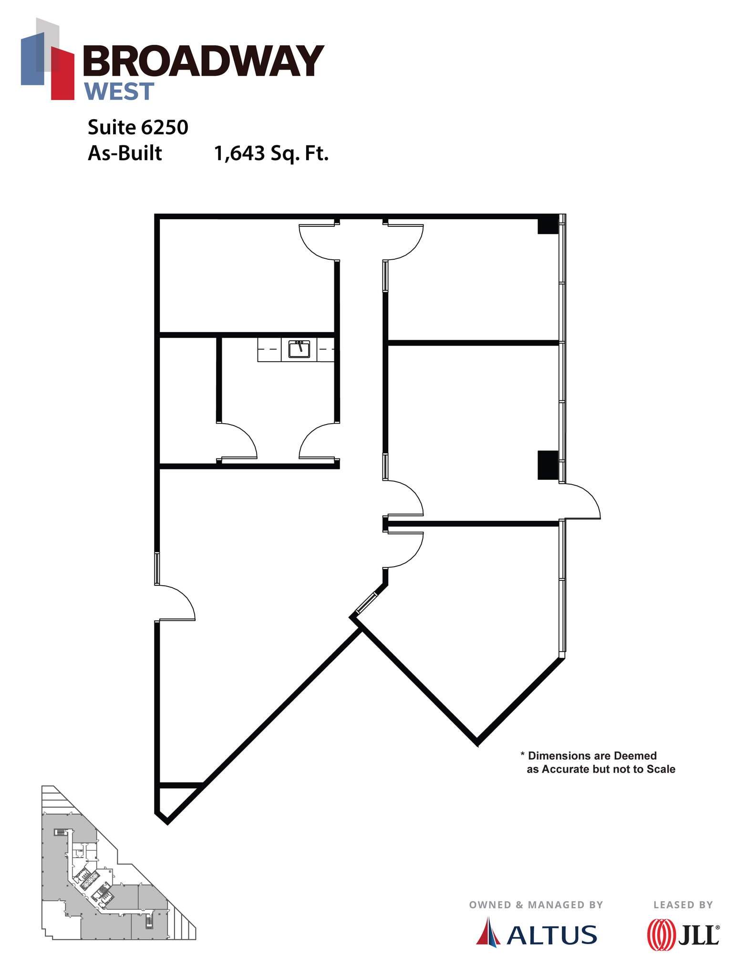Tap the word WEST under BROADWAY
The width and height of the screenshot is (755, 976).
119,91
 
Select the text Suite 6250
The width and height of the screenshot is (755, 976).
138,127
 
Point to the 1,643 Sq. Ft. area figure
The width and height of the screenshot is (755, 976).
271,153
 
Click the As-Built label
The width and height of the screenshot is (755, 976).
124,153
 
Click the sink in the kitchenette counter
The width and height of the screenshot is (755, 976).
299,349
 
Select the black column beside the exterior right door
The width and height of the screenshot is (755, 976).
548,465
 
